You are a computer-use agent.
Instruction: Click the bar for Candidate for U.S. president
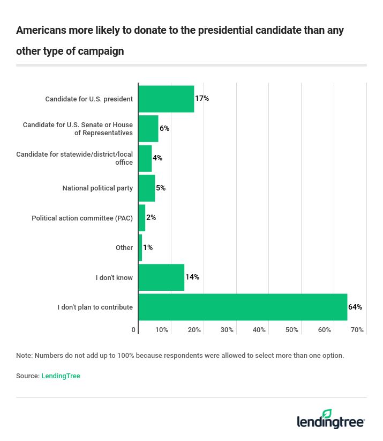tap(166, 99)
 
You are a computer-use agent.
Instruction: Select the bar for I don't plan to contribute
tap(243, 307)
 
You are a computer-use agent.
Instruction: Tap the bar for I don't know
tap(161, 277)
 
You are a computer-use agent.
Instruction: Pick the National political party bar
tap(147, 188)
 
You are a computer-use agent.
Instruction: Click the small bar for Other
tap(140, 248)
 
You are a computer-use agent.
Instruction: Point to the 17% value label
tap(202, 99)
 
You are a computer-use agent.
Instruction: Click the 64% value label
tap(355, 307)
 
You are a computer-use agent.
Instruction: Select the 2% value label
tap(151, 218)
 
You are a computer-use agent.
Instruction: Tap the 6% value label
tap(164, 129)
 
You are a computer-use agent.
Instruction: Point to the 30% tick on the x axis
tap(227, 330)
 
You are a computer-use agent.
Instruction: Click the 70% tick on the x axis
tap(357, 330)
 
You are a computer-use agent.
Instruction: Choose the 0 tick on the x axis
tap(134, 330)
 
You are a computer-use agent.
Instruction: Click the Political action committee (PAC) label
tap(82, 218)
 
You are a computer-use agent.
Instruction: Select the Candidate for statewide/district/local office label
tap(74, 158)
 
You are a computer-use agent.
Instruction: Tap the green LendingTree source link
tap(61, 376)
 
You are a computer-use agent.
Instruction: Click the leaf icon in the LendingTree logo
tap(327, 414)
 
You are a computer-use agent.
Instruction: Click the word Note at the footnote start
tap(24, 355)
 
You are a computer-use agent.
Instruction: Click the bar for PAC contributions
tap(142, 218)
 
